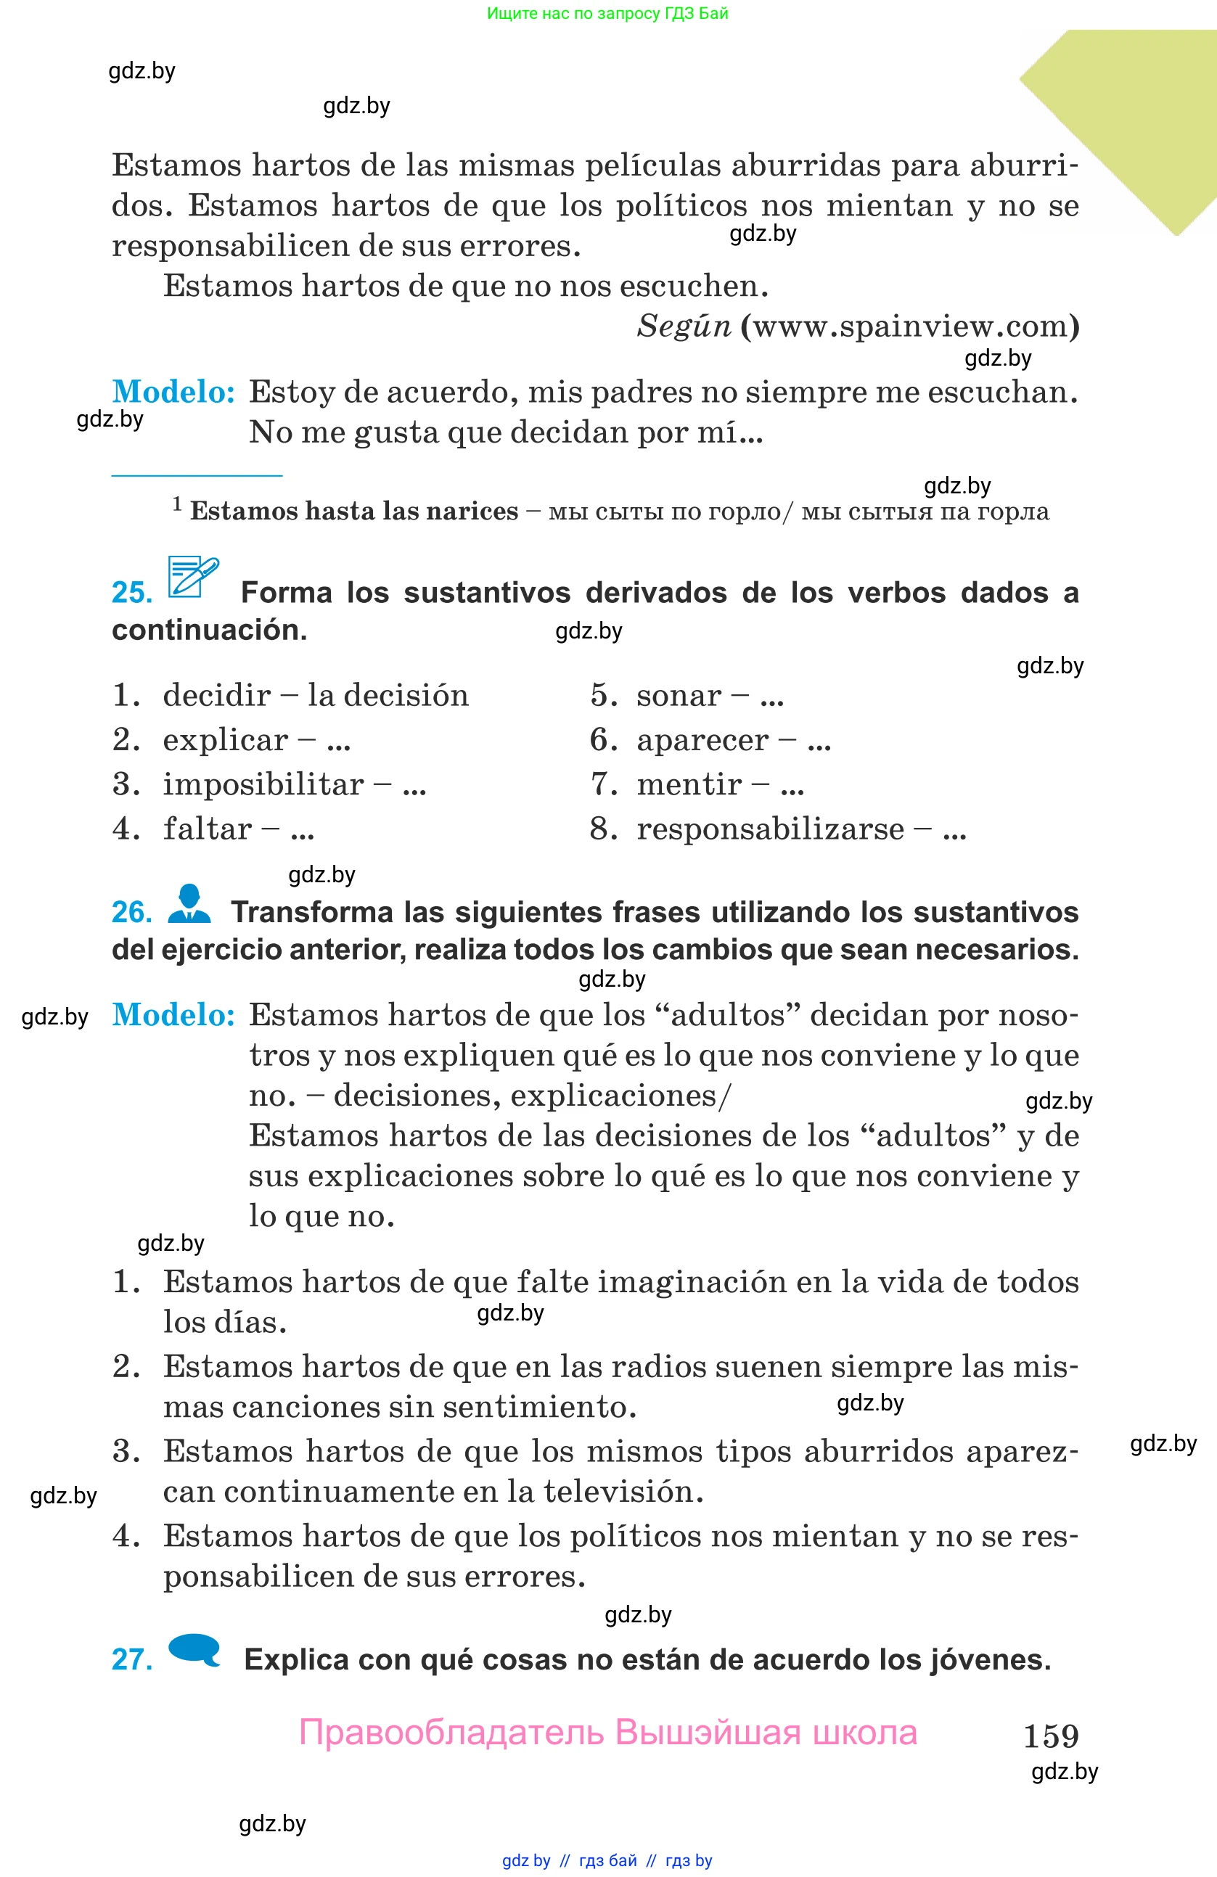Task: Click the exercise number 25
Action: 132,592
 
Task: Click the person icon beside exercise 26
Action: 189,904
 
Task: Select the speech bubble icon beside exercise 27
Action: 194,1649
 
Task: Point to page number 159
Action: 1051,1735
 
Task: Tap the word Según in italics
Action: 684,326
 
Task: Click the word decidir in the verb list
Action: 216,695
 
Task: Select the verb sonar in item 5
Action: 679,695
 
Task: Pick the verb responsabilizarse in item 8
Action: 770,828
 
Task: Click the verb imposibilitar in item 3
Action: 263,784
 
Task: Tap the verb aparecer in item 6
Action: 702,740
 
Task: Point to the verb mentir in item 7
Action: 689,784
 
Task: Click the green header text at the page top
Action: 607,13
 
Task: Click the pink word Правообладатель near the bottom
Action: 451,1733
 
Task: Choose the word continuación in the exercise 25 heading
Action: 209,630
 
